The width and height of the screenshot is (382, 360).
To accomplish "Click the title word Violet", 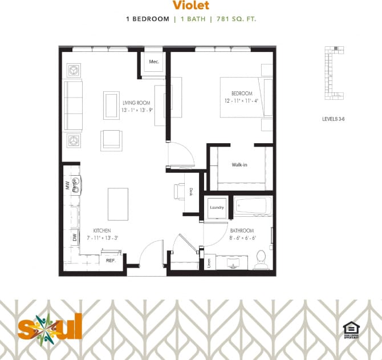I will [190, 6].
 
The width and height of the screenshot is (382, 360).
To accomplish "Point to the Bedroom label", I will [241, 93].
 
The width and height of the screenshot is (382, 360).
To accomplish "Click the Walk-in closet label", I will [239, 165].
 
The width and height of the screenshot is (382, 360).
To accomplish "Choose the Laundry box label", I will [217, 208].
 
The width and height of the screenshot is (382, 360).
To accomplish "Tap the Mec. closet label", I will [153, 61].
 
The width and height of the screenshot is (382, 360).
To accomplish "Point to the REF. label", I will [111, 260].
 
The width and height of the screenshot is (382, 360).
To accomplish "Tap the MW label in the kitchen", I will [67, 185].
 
